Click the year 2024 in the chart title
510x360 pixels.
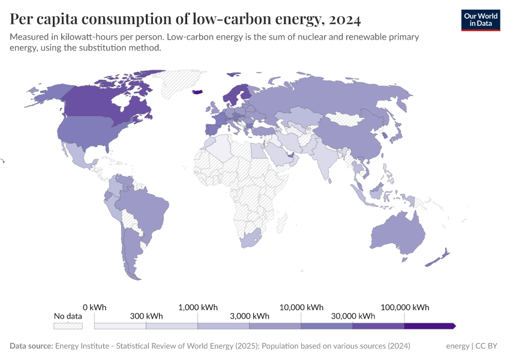click(x=344, y=20)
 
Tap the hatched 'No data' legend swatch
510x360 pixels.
click(x=68, y=326)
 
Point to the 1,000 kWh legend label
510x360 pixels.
click(x=197, y=307)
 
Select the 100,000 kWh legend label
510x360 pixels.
click(x=404, y=307)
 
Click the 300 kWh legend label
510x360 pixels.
click(x=146, y=316)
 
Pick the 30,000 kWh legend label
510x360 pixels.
click(x=353, y=316)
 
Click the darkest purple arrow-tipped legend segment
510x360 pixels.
click(x=430, y=326)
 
